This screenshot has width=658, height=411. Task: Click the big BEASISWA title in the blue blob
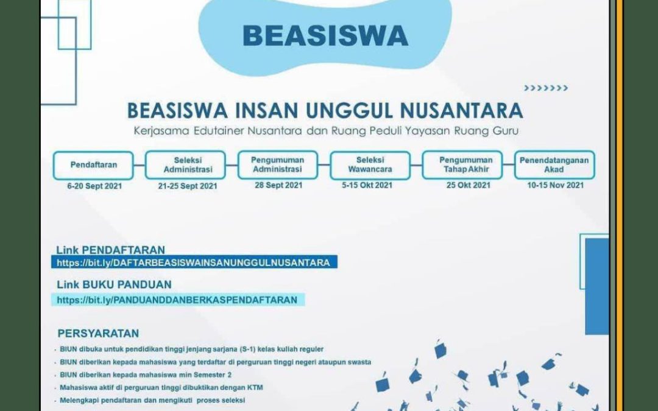tap(325, 36)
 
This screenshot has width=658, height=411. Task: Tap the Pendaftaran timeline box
tap(93, 165)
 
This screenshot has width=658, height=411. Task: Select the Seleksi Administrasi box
tap(185, 165)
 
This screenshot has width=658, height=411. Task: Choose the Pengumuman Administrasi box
tap(278, 165)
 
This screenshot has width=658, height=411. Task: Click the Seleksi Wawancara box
tap(370, 165)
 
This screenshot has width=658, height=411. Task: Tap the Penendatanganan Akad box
tap(554, 165)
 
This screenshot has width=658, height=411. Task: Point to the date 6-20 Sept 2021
tap(94, 186)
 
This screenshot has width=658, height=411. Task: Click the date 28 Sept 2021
tap(278, 185)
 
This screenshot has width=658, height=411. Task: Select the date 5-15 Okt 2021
tap(367, 185)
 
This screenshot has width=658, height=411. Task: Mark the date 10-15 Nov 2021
tap(555, 185)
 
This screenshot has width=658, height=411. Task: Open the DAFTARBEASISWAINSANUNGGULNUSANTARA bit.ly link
tap(194, 263)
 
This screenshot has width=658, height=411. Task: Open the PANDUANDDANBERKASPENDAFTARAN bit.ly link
tap(177, 300)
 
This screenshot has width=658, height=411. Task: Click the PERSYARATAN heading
tap(98, 334)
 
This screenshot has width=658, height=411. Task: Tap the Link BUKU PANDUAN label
tap(114, 285)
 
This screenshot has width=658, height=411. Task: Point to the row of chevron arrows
tap(546, 88)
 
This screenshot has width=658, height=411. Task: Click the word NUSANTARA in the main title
tap(461, 111)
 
